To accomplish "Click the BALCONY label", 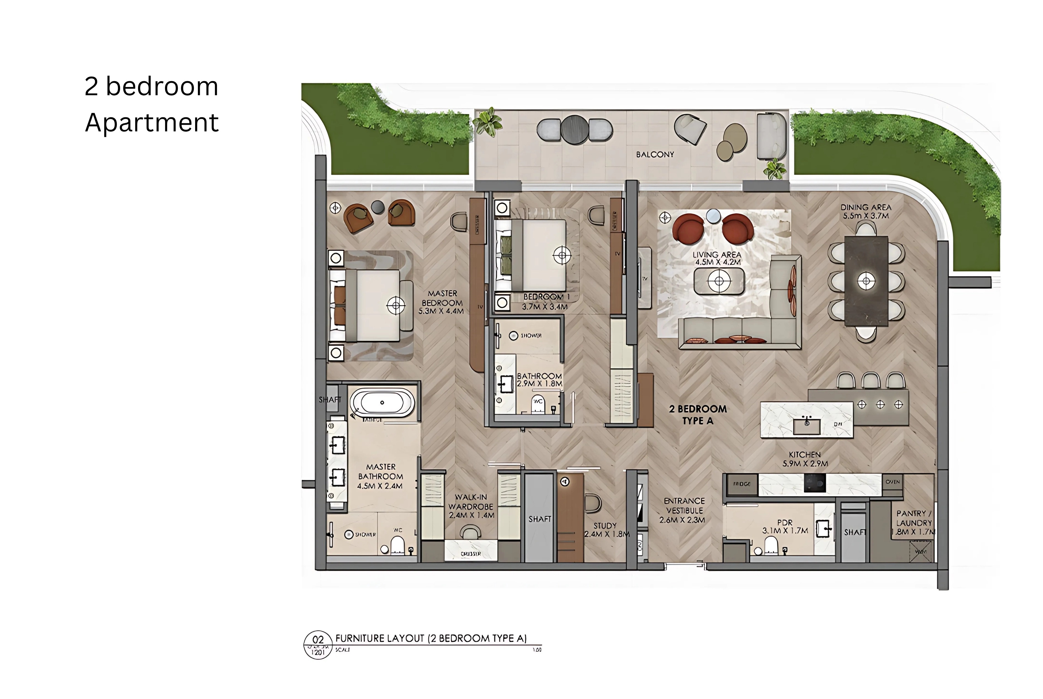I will (x=655, y=155).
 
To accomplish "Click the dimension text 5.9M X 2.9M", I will (x=805, y=464).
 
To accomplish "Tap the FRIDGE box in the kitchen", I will (x=742, y=484).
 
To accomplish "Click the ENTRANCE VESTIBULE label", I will (x=684, y=505).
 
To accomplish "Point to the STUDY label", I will (x=605, y=526).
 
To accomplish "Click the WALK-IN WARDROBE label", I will (x=471, y=502).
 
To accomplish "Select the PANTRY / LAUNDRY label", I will (x=914, y=518).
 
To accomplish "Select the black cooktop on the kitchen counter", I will (x=814, y=483).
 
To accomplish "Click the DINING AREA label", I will (x=866, y=207).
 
